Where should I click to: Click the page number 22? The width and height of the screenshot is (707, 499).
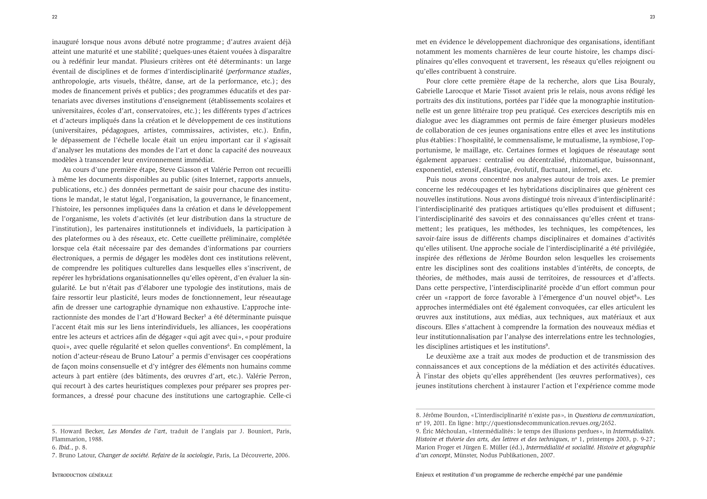[x=54, y=17]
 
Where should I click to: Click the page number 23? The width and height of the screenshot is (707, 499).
[x=652, y=17]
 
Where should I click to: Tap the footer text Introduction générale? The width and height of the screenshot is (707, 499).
[x=82, y=475]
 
